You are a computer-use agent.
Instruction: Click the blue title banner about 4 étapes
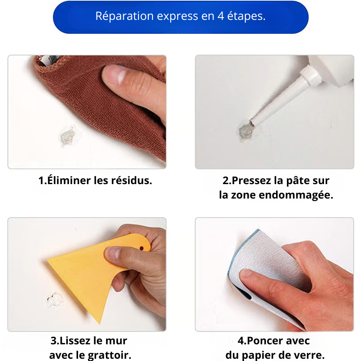pos(180,17)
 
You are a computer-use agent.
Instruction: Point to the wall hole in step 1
pos(68,134)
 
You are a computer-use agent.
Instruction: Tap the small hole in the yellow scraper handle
pos(142,247)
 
